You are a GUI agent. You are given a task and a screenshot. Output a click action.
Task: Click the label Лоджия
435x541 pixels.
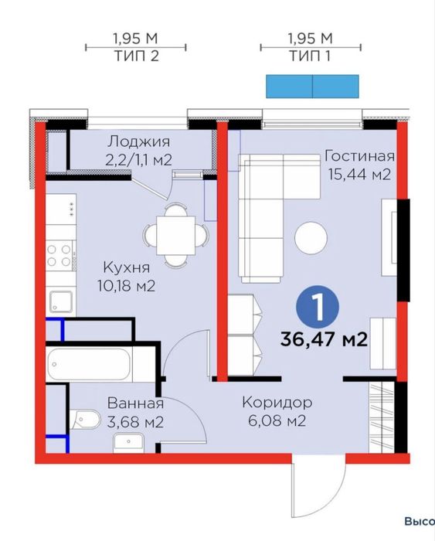click(138, 142)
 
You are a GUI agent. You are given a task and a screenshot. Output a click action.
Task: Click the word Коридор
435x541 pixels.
click(277, 403)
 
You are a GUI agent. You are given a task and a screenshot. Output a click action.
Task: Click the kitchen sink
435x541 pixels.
click(60, 301)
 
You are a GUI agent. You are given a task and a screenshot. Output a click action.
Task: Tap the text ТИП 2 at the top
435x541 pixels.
click(135, 56)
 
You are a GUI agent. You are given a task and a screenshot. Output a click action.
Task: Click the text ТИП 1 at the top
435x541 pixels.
click(311, 56)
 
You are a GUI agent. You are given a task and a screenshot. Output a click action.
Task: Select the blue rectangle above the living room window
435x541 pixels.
click(312, 87)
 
